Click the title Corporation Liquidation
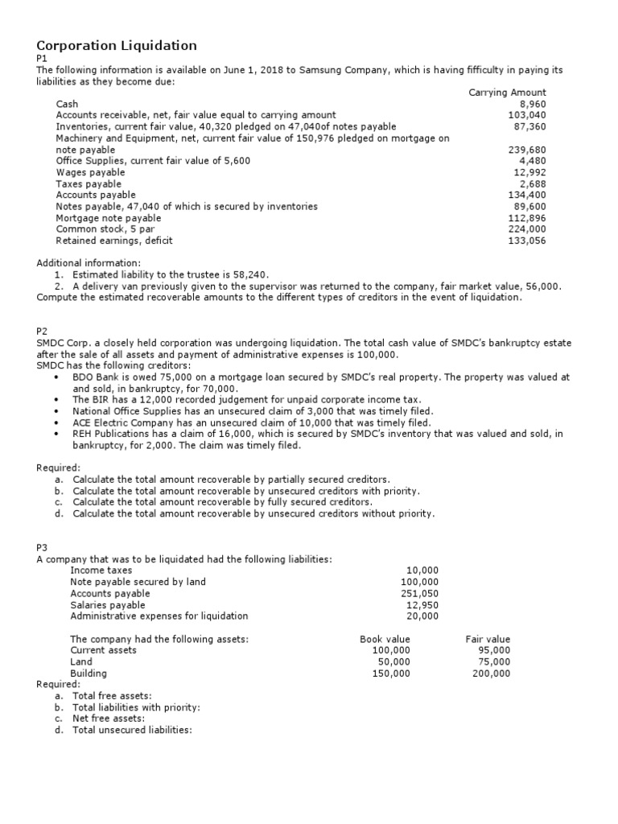[117, 45]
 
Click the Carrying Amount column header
[507, 93]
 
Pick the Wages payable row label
[90, 172]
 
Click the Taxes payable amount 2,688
[533, 183]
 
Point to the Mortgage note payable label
[108, 218]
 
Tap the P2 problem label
[43, 332]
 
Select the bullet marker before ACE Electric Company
[55, 422]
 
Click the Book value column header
[385, 639]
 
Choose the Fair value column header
[488, 639]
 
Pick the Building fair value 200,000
[491, 674]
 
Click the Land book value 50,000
[393, 661]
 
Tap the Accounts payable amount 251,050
[420, 593]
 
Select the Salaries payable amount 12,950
[423, 604]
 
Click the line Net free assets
[109, 719]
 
